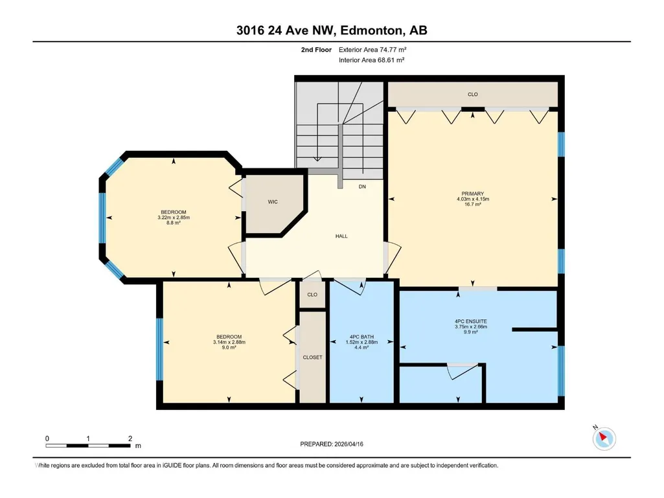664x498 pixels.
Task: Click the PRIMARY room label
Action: pyautogui.click(x=473, y=194)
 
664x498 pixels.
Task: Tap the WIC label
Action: pyautogui.click(x=273, y=202)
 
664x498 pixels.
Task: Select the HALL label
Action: pyautogui.click(x=341, y=236)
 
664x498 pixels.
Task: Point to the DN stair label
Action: pyautogui.click(x=362, y=187)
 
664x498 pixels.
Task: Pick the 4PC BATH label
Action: pyautogui.click(x=361, y=337)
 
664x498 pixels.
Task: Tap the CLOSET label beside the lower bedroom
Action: pyautogui.click(x=312, y=357)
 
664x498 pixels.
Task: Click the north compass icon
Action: pyautogui.click(x=604, y=438)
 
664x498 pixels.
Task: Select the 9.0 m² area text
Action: pyautogui.click(x=229, y=348)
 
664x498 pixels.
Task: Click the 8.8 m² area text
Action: pyautogui.click(x=174, y=223)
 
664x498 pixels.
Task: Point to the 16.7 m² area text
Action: pyautogui.click(x=473, y=204)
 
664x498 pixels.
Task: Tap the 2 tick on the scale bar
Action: pyautogui.click(x=130, y=438)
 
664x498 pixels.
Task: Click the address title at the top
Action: pyautogui.click(x=332, y=30)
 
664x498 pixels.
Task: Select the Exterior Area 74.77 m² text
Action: pyautogui.click(x=372, y=50)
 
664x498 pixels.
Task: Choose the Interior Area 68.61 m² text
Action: pyautogui.click(x=371, y=60)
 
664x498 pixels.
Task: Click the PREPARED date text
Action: pyautogui.click(x=332, y=444)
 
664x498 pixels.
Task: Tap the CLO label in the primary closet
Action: pyautogui.click(x=473, y=95)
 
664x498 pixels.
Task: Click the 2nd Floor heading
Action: pyautogui.click(x=316, y=50)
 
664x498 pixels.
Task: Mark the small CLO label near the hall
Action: pyautogui.click(x=312, y=295)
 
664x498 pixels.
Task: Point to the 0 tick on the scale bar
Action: pyautogui.click(x=47, y=438)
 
